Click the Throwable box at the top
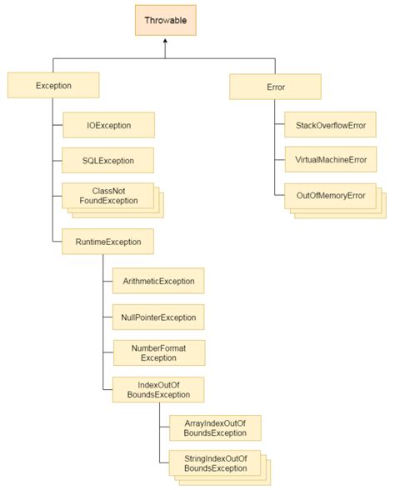pos(166,20)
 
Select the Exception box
pos(53,85)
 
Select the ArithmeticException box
pos(158,282)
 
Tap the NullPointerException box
pos(158,317)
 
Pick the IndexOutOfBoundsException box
pos(147,389)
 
